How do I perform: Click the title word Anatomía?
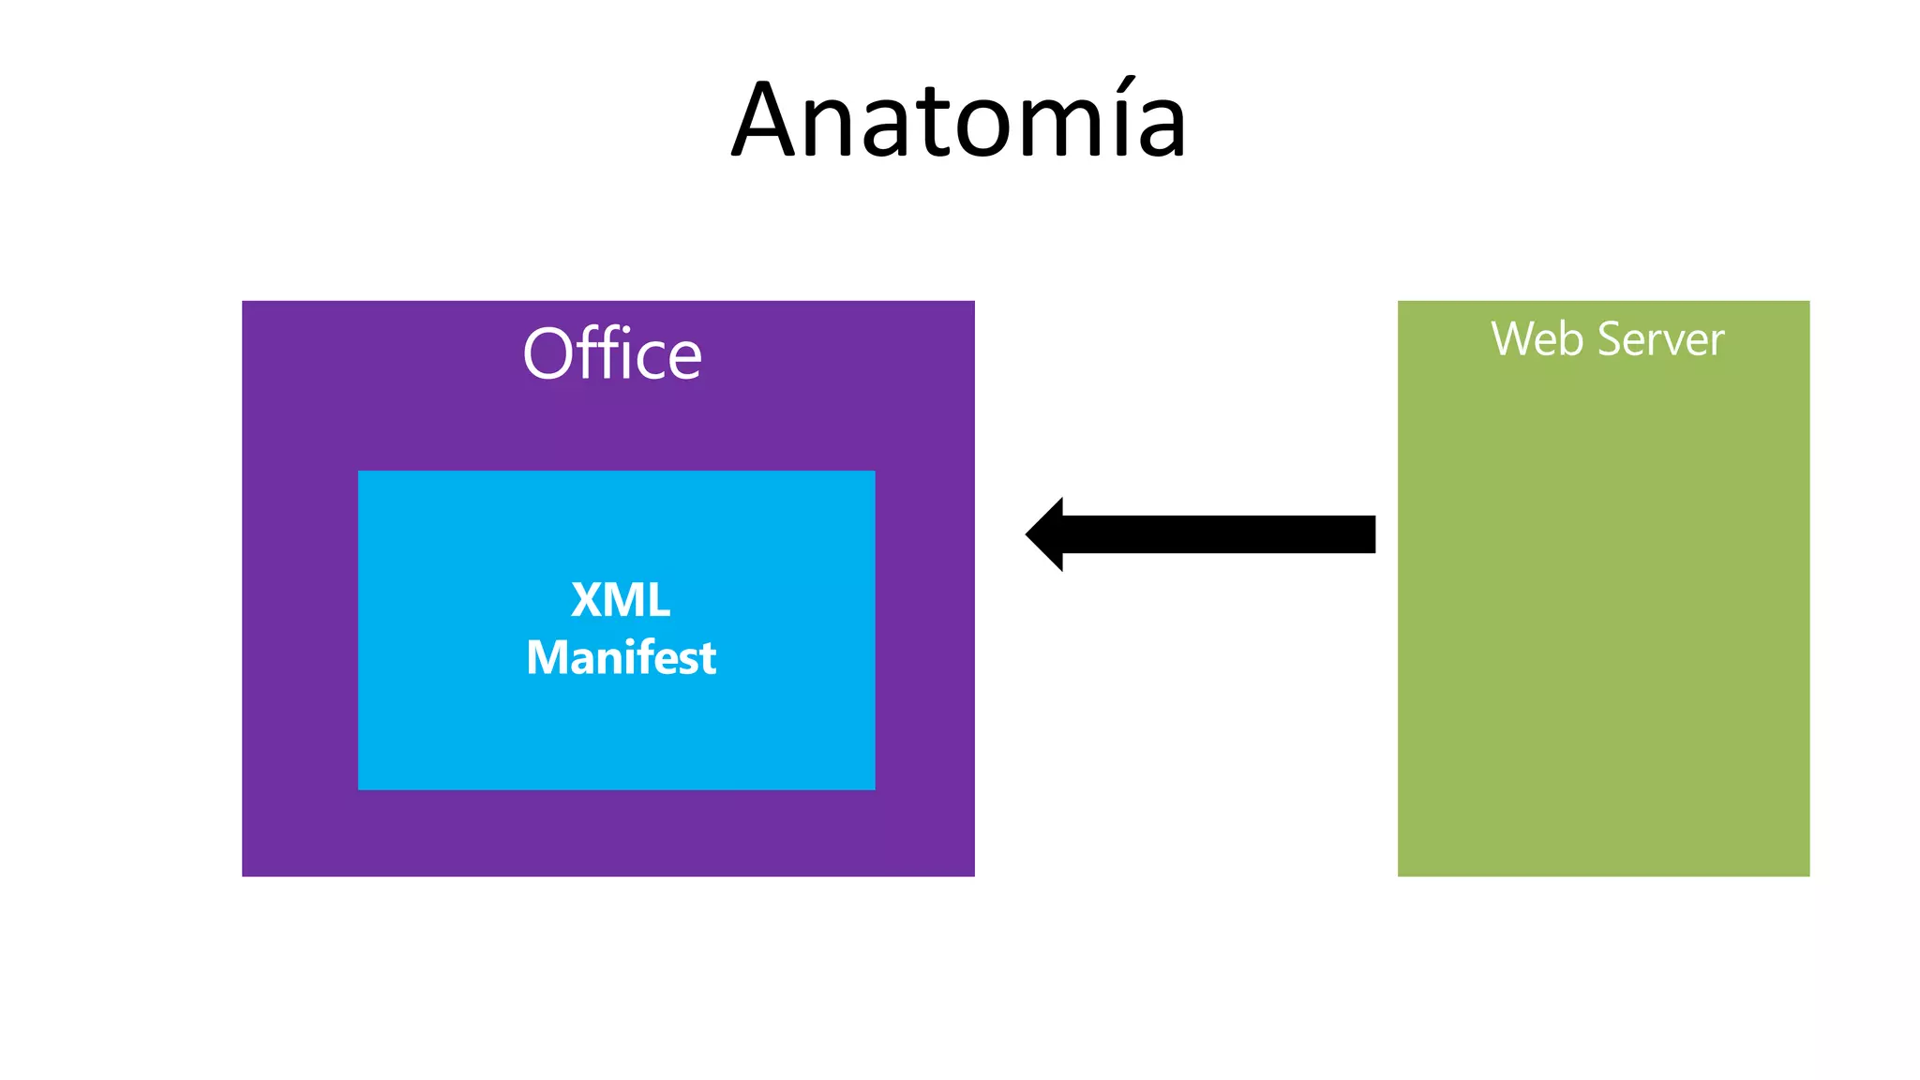pyautogui.click(x=959, y=122)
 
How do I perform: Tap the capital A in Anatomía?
pyautogui.click(x=771, y=122)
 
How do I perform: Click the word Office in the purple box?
pyautogui.click(x=612, y=354)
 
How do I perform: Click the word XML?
pyautogui.click(x=621, y=600)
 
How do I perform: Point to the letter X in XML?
pyautogui.click(x=589, y=600)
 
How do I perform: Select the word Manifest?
pyautogui.click(x=621, y=657)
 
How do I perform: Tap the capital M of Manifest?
pyautogui.click(x=547, y=657)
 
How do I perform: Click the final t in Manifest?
pyautogui.click(x=708, y=659)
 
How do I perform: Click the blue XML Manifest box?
pyautogui.click(x=616, y=731)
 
